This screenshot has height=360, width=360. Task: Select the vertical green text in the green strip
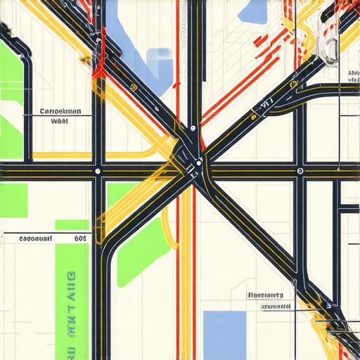click(71, 309)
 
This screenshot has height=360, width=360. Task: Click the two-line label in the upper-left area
click(60, 116)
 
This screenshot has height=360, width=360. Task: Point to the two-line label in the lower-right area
click(270, 301)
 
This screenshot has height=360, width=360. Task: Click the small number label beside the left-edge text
click(79, 239)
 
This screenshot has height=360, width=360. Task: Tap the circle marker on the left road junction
click(98, 171)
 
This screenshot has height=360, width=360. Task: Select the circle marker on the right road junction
click(300, 171)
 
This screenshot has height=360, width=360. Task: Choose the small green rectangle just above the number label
click(72, 224)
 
